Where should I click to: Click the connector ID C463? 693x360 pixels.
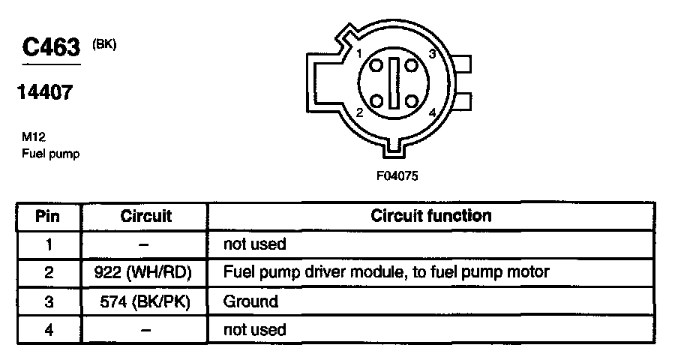point(51,48)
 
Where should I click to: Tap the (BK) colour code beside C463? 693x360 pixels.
point(104,44)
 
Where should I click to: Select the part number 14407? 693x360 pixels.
point(45,93)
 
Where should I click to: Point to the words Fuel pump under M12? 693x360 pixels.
point(50,154)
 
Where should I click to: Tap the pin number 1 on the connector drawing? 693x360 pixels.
point(360,54)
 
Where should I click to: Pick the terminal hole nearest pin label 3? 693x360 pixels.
point(411,65)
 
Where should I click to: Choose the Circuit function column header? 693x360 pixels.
point(430,216)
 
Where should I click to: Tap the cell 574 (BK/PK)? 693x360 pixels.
point(145,301)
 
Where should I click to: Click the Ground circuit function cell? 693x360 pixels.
point(250,301)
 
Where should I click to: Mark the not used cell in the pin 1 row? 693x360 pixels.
point(255,244)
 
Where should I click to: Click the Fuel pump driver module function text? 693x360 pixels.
point(386,273)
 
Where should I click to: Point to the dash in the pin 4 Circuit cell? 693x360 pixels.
point(145,329)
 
